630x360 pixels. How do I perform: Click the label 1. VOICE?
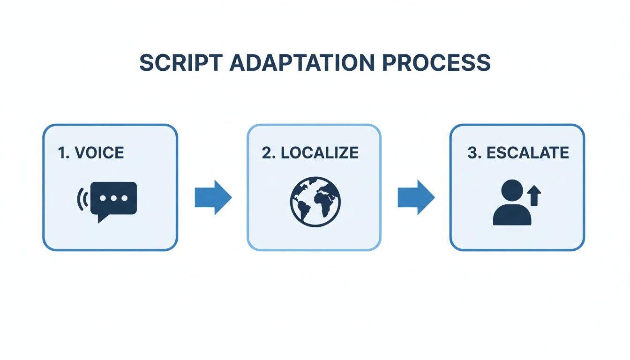[91, 153]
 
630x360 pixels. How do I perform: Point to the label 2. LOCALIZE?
[310, 153]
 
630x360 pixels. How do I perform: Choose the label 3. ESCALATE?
[518, 153]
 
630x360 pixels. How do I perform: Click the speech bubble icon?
[114, 199]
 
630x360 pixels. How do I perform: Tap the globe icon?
[315, 202]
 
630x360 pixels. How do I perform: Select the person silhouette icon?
[512, 204]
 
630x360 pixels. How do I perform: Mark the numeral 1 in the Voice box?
[61, 153]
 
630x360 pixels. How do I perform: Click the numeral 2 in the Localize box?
[266, 153]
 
